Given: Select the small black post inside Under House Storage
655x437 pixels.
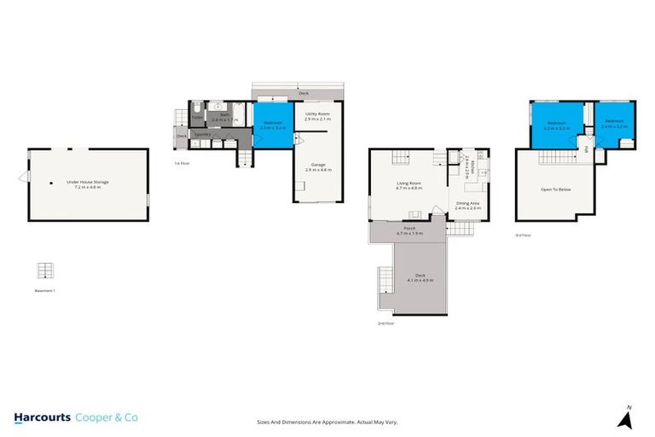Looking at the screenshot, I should pos(52,183).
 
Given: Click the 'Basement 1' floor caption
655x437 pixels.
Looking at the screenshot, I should pos(45,290).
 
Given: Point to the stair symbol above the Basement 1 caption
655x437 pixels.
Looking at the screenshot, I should pos(45,271).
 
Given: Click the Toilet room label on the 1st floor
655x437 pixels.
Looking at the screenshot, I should pos(197,118).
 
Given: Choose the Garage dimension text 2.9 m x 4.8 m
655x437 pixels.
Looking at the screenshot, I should pos(317,171).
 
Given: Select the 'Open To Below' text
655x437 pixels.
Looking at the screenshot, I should pos(555,189).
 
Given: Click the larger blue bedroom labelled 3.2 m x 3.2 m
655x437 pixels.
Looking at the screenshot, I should pos(556,125).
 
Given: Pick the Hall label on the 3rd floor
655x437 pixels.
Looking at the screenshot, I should pos(588,149).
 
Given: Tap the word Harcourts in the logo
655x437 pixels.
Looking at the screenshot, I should pos(42,417).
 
